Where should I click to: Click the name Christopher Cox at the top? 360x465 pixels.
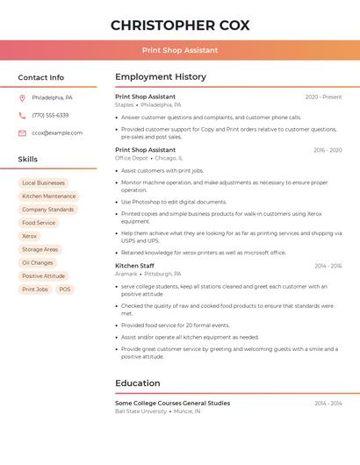180,25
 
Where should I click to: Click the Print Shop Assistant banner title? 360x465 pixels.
180,50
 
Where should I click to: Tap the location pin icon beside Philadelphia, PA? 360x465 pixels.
22,97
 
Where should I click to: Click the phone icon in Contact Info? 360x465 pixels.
22,115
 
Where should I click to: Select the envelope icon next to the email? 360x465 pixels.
22,132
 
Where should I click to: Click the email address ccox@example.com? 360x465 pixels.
57,132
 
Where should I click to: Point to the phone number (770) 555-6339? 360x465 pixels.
50,115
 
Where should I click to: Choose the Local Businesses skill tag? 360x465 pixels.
43,182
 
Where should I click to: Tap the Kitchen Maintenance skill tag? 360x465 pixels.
49,196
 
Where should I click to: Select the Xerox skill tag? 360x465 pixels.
30,236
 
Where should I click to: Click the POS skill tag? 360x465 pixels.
65,289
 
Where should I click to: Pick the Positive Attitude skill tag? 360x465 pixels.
44,275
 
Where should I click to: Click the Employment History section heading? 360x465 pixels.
161,77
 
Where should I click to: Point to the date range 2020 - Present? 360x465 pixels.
323,97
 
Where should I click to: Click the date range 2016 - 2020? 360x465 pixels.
327,150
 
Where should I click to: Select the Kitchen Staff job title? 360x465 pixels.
134,265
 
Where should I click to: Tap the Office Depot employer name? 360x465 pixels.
132,158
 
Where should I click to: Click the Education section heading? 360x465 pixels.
138,383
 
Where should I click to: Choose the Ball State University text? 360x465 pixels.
140,411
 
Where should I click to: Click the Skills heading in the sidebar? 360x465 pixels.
28,159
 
